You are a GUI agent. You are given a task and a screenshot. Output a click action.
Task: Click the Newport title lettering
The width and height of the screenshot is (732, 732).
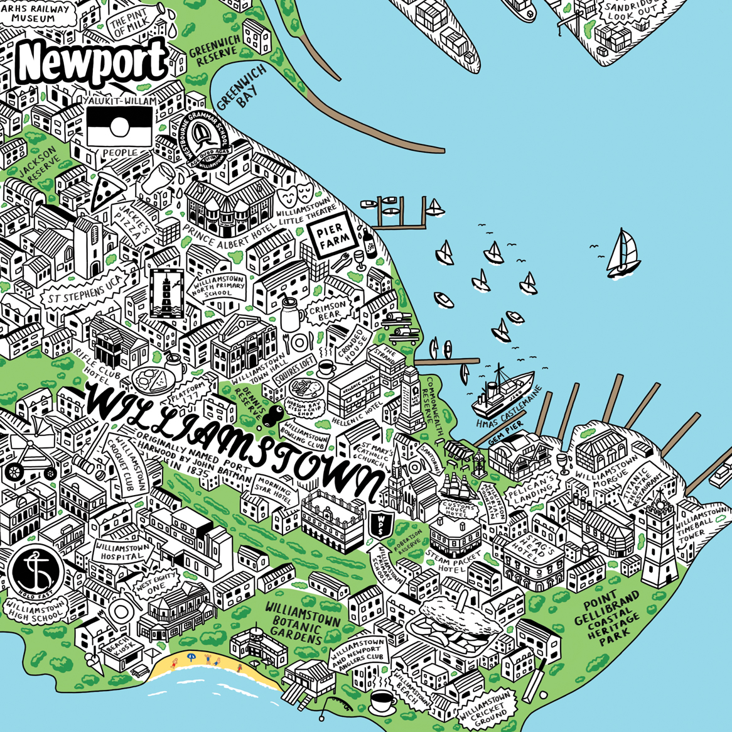click(92, 61)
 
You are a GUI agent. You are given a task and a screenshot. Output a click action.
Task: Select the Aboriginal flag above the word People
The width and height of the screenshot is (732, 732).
click(119, 126)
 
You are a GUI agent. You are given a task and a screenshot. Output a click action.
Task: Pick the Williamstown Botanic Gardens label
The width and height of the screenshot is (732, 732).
click(302, 623)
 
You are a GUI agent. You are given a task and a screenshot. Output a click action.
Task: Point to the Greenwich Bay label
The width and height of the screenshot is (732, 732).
click(242, 88)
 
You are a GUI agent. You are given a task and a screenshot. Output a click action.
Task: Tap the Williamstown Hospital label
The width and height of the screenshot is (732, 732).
click(122, 551)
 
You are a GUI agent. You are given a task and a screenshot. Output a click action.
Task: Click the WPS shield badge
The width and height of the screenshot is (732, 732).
click(381, 523)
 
